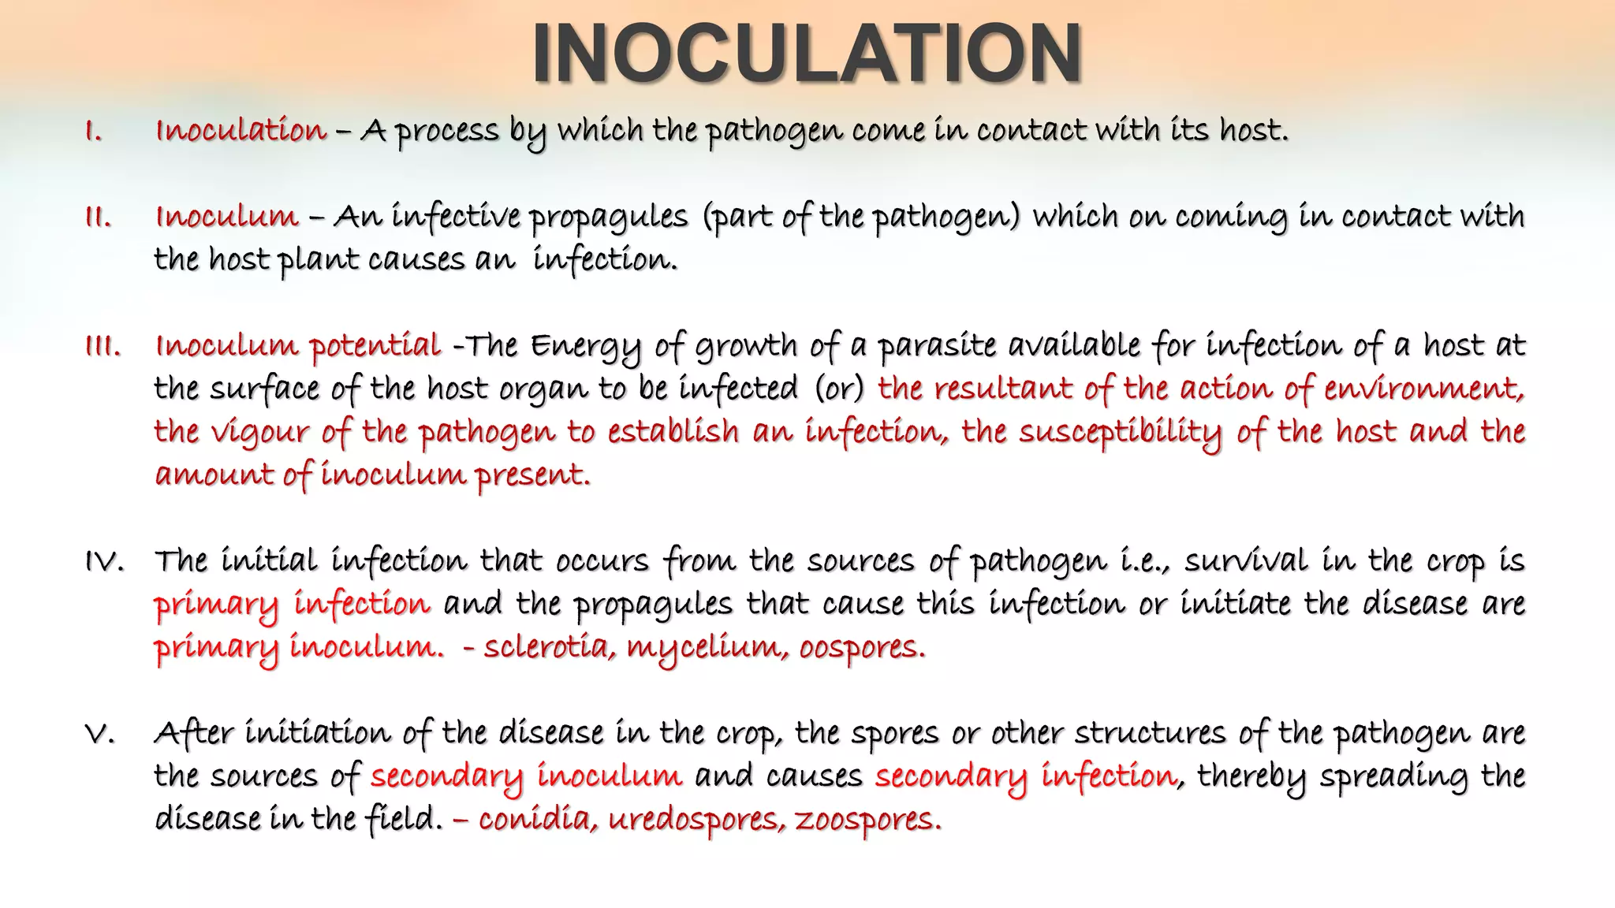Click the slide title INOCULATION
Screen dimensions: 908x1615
tap(807, 54)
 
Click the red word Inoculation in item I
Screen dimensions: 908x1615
tap(241, 130)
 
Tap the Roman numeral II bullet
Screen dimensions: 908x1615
tap(98, 217)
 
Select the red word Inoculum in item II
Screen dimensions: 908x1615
tap(227, 216)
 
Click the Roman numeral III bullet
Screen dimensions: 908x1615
tap(103, 346)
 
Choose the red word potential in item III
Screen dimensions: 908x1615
tap(375, 346)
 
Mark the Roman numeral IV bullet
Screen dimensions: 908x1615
tap(104, 562)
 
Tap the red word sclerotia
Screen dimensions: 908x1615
tap(549, 647)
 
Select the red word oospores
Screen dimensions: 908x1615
tap(861, 648)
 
